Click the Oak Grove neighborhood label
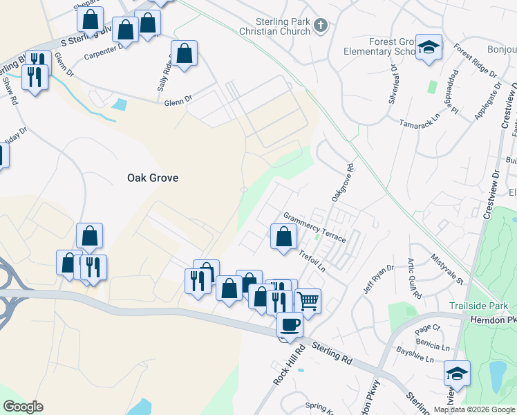[153, 178]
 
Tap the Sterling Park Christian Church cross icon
[320, 26]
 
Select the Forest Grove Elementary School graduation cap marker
[429, 48]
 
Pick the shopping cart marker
[308, 301]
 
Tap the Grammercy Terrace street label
[314, 226]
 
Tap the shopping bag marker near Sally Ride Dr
[185, 53]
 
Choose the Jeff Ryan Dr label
[379, 278]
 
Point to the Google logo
[23, 407]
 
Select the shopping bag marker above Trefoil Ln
[283, 237]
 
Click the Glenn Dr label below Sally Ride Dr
[178, 102]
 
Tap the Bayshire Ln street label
[415, 360]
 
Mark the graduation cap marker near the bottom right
[457, 373]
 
